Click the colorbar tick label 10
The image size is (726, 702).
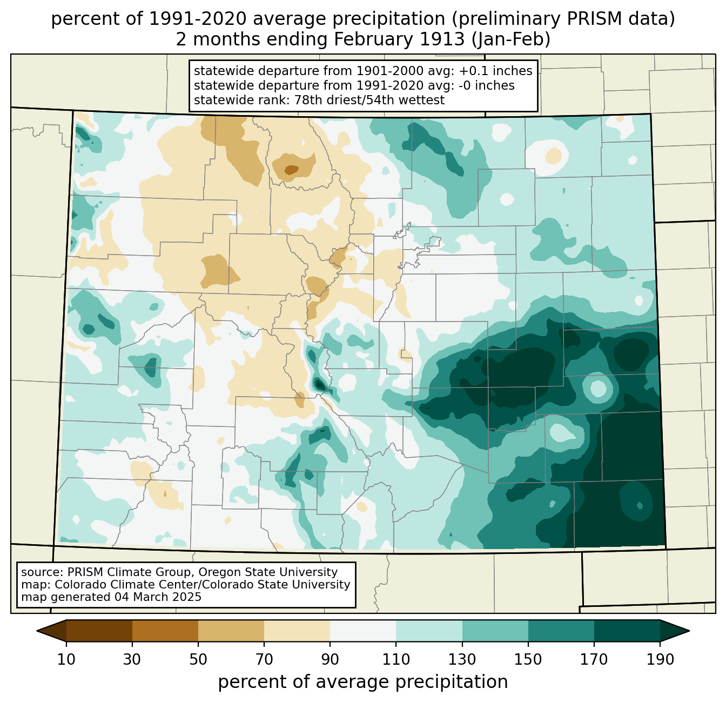pos(66,660)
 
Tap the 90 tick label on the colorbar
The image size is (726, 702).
pos(330,660)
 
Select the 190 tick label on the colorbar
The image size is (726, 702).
pos(660,660)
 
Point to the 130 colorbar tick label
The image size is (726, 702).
pos(462,660)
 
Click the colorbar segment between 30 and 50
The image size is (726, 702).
pos(165,631)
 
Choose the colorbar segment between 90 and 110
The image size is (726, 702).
pos(363,631)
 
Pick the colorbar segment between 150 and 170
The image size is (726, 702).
pos(561,631)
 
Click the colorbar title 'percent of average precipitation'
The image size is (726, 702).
pos(363,682)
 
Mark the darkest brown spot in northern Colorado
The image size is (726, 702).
pos(291,170)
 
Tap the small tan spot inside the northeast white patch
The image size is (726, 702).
pos(553,156)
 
